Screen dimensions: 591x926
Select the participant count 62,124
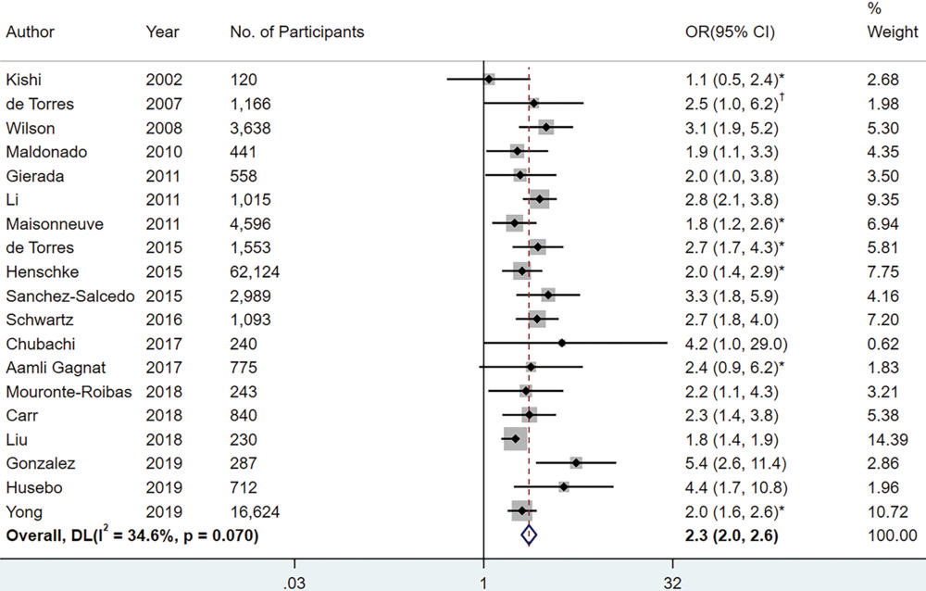pyautogui.click(x=255, y=271)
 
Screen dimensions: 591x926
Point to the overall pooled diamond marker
pyautogui.click(x=528, y=534)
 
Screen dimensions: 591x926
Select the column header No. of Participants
pyautogui.click(x=296, y=32)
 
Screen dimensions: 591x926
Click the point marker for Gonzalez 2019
pyautogui.click(x=576, y=463)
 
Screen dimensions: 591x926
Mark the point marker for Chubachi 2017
pyautogui.click(x=561, y=344)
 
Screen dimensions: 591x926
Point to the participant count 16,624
pyautogui.click(x=255, y=511)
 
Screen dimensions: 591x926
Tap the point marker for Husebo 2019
pyautogui.click(x=563, y=487)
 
